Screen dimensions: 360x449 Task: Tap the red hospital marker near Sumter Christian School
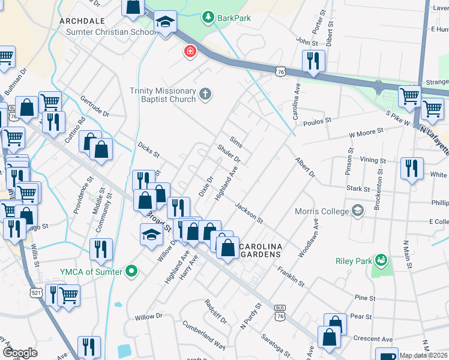tap(190, 52)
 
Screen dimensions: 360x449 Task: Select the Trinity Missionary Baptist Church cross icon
tap(205, 94)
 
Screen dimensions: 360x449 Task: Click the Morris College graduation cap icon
tap(358, 211)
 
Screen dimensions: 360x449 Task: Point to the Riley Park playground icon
tap(380, 260)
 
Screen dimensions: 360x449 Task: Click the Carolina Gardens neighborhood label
tap(260, 251)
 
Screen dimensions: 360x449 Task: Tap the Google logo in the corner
tap(20, 353)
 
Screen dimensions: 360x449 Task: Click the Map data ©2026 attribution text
tap(423, 355)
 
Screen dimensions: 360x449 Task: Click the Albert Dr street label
tap(304, 168)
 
